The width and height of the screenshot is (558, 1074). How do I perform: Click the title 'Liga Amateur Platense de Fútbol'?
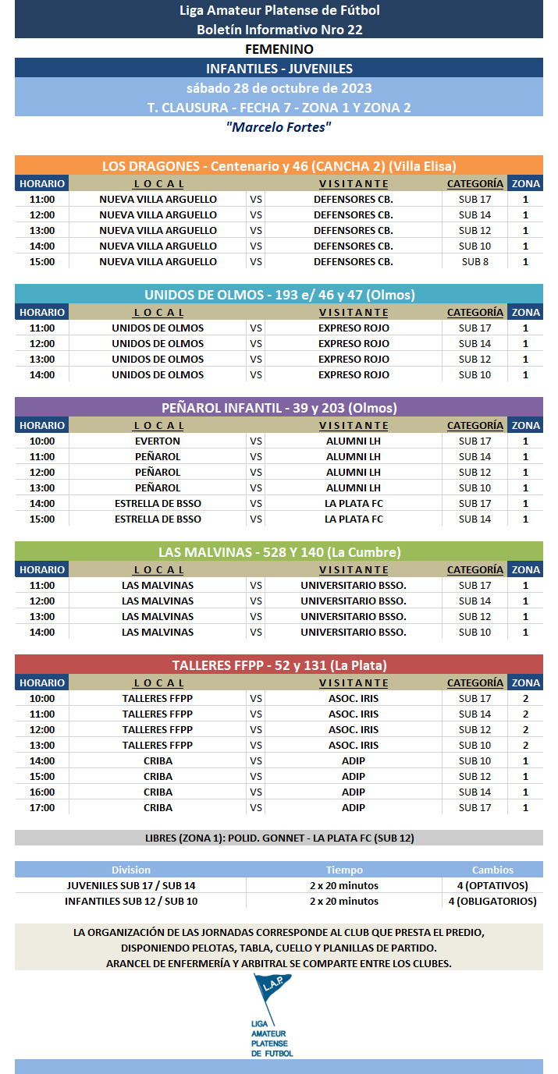(x=279, y=10)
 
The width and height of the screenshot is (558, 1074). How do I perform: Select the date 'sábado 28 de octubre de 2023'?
(x=279, y=87)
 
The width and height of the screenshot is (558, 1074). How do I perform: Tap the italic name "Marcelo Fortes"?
(x=279, y=126)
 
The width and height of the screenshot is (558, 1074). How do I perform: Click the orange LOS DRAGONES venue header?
(x=279, y=165)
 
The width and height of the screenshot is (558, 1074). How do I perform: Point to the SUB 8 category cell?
(x=474, y=261)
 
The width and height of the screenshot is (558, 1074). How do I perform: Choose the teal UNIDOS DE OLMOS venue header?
(x=279, y=294)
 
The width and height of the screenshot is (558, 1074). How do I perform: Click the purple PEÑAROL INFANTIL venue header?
(x=279, y=407)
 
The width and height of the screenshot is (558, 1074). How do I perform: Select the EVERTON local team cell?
(x=158, y=441)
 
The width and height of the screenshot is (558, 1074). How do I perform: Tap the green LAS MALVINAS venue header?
(x=279, y=551)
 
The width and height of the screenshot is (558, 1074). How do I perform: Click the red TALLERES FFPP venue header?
(x=279, y=665)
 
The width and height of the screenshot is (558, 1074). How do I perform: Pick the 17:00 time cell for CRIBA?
(x=42, y=807)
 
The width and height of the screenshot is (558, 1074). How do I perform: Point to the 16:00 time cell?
(x=42, y=792)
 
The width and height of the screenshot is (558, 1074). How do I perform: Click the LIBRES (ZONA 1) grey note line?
(x=279, y=838)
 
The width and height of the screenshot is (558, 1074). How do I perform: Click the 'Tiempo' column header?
(x=344, y=870)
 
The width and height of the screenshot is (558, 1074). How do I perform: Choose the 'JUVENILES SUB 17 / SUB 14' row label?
(x=131, y=885)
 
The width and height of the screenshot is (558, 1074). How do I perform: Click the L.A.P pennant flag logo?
(x=272, y=995)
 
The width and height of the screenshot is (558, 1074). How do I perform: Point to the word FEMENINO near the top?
(x=279, y=49)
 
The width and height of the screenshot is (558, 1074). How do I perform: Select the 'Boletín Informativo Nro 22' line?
(x=279, y=30)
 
